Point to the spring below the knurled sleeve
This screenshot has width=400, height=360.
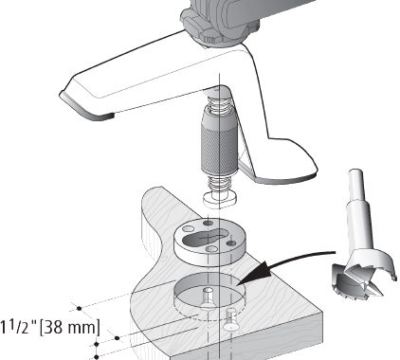coord(219,184)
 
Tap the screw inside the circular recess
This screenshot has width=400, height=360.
coord(207,297)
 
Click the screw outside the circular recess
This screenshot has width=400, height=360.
coord(230,319)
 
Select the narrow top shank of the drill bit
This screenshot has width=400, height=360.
coord(356,187)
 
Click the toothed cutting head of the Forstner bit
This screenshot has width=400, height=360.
coord(363,273)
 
